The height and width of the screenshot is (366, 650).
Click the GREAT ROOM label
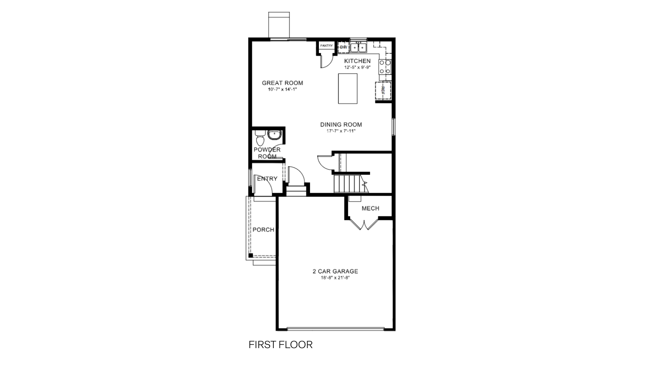pyautogui.click(x=282, y=83)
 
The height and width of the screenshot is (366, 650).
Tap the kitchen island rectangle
pyautogui.click(x=348, y=89)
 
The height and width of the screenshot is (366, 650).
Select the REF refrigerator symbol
pyautogui.click(x=383, y=90)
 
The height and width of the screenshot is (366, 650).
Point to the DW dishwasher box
pyautogui.click(x=343, y=47)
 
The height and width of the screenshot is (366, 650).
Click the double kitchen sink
pyautogui.click(x=358, y=48)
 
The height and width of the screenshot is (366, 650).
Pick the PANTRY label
pyautogui.click(x=326, y=46)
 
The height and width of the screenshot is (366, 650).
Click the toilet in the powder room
pyautogui.click(x=260, y=138)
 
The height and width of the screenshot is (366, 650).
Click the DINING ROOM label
pyautogui.click(x=341, y=125)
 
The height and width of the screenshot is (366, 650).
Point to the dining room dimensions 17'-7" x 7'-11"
pyautogui.click(x=341, y=131)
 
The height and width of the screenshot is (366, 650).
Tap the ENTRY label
pyautogui.click(x=267, y=179)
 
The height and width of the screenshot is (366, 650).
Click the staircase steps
pyautogui.click(x=347, y=183)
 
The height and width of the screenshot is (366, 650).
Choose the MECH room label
pyautogui.click(x=370, y=208)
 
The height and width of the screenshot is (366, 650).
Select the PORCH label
pyautogui.click(x=263, y=230)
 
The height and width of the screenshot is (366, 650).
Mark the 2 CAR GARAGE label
pyautogui.click(x=335, y=271)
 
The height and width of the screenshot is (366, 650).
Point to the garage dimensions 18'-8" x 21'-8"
pyautogui.click(x=335, y=278)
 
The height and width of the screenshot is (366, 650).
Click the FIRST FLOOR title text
pyautogui.click(x=280, y=345)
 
